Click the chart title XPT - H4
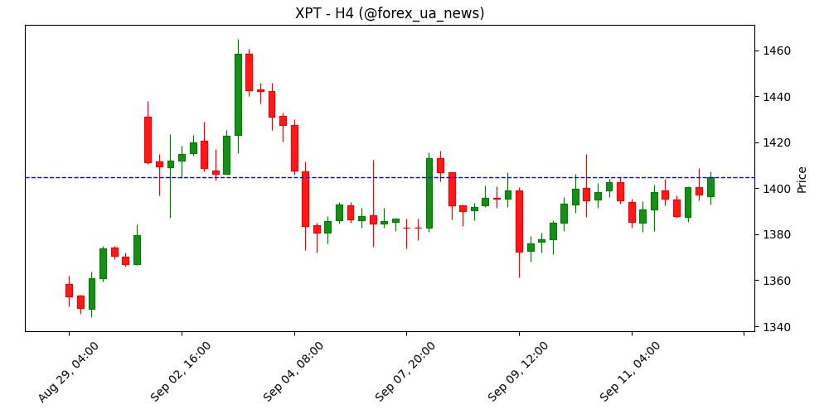[390, 13]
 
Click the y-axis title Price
[802, 179]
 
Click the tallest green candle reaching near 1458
[238, 94]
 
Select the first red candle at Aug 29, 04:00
[69, 291]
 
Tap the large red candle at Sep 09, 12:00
[519, 221]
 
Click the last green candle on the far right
[710, 187]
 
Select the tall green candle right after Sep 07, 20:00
[429, 193]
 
